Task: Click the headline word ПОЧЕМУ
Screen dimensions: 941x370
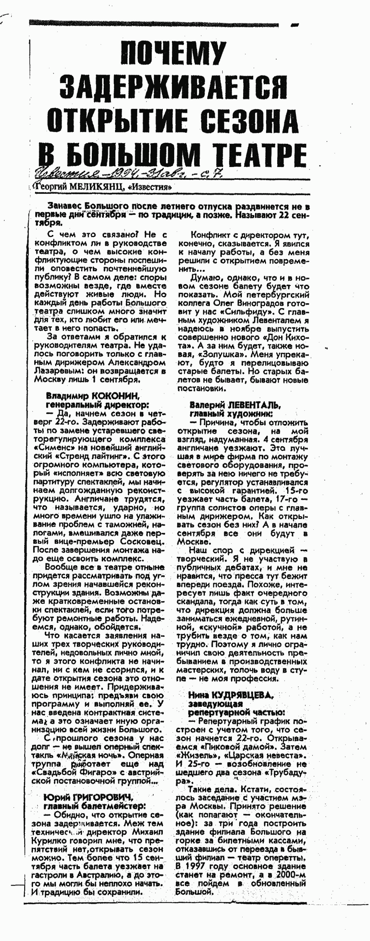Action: tap(173, 53)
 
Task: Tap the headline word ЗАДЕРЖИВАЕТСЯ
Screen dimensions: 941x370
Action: tap(173, 87)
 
